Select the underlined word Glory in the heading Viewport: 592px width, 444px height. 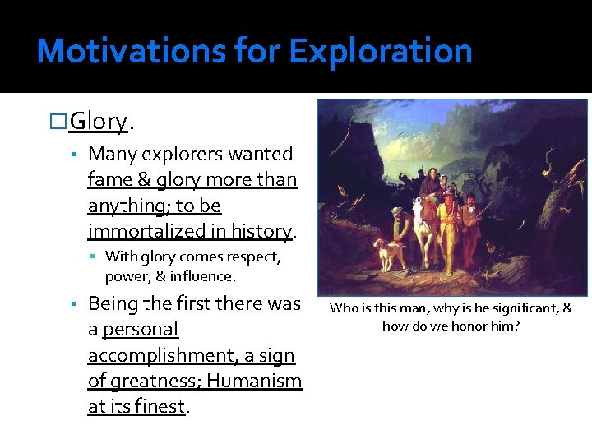pyautogui.click(x=98, y=122)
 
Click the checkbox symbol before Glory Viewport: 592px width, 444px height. pyautogui.click(x=59, y=122)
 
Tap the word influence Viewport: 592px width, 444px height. pyautogui.click(x=205, y=276)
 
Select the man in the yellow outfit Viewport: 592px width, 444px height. pyautogui.click(x=447, y=226)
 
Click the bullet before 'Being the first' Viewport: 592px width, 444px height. pyautogui.click(x=74, y=304)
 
